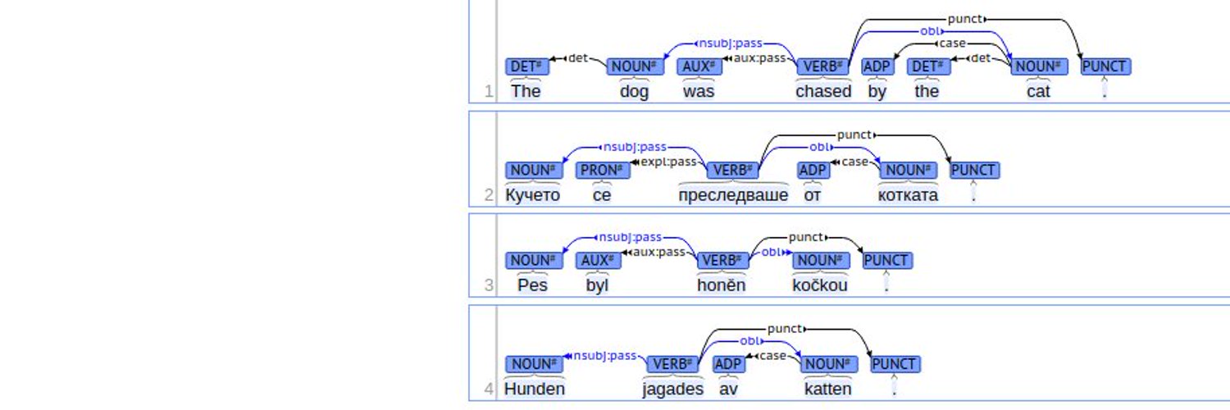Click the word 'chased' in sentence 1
823,91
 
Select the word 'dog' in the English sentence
634,92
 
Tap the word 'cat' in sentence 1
1038,91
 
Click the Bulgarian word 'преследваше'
733,195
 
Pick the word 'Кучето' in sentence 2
533,195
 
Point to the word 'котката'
908,195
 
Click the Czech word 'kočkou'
820,285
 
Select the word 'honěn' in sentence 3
721,285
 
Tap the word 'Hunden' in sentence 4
535,389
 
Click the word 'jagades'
672,389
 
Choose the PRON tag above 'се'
603,170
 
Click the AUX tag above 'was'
699,66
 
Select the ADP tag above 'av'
728,364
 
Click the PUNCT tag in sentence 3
886,260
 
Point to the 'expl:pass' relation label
668,162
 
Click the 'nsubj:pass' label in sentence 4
604,356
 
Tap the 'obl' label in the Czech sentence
771,252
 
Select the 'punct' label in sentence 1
965,19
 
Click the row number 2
489,195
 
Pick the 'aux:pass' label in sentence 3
658,252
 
